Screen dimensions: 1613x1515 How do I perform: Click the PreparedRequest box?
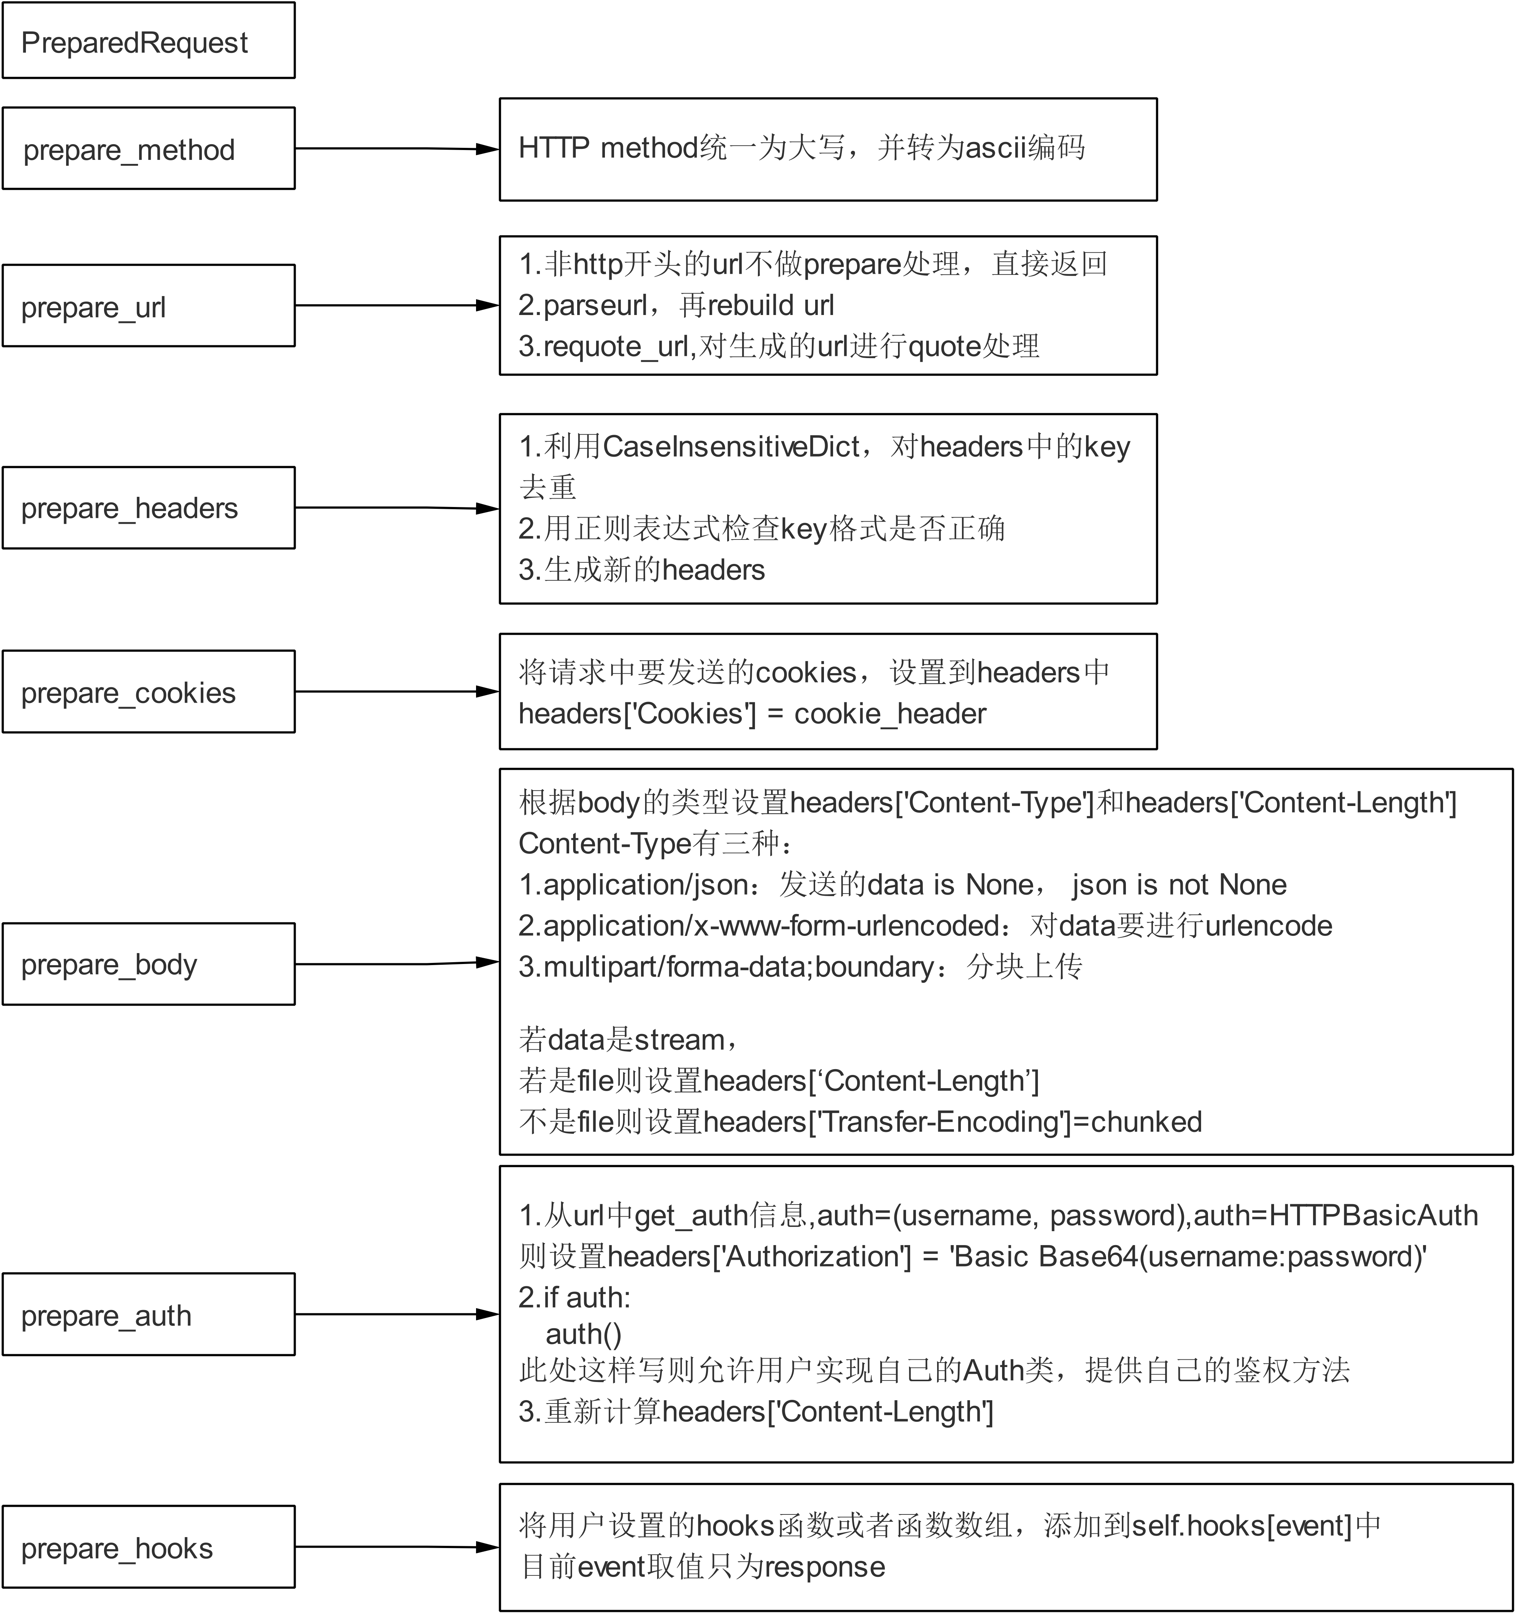click(149, 41)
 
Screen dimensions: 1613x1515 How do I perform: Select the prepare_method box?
click(149, 149)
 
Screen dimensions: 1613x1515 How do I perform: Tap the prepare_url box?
click(149, 306)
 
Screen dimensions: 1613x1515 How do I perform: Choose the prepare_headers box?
click(149, 508)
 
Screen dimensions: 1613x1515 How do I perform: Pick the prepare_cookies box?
click(149, 692)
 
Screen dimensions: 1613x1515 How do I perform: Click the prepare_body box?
click(149, 964)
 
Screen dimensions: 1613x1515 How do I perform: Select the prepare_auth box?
click(149, 1314)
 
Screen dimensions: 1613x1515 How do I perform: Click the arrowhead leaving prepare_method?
click(487, 149)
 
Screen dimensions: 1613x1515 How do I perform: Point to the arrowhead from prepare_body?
click(487, 962)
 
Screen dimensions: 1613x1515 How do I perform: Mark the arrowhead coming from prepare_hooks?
click(487, 1547)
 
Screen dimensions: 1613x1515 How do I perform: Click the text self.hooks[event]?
click(1242, 1526)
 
